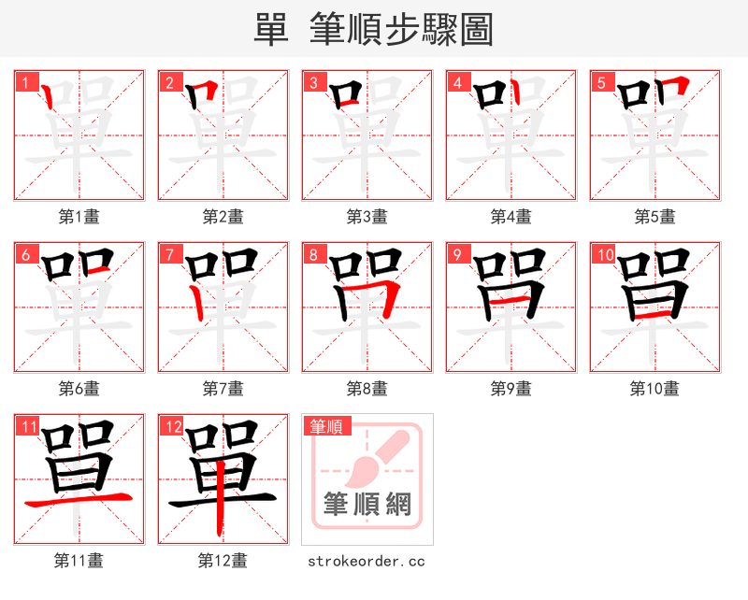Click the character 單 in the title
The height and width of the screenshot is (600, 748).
click(x=270, y=30)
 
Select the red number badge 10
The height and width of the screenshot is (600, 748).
click(x=603, y=254)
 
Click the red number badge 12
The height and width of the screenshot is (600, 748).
click(x=171, y=426)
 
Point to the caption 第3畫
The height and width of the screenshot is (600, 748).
click(x=367, y=217)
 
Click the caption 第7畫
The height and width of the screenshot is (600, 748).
click(x=223, y=388)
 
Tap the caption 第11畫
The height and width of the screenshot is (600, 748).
click(x=79, y=561)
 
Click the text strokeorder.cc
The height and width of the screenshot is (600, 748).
click(x=367, y=561)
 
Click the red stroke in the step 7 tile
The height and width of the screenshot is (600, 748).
click(x=195, y=299)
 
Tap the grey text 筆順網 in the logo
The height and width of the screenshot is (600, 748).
click(x=367, y=504)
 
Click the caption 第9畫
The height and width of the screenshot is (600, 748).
click(x=511, y=388)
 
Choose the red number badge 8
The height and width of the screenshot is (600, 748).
click(x=314, y=254)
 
